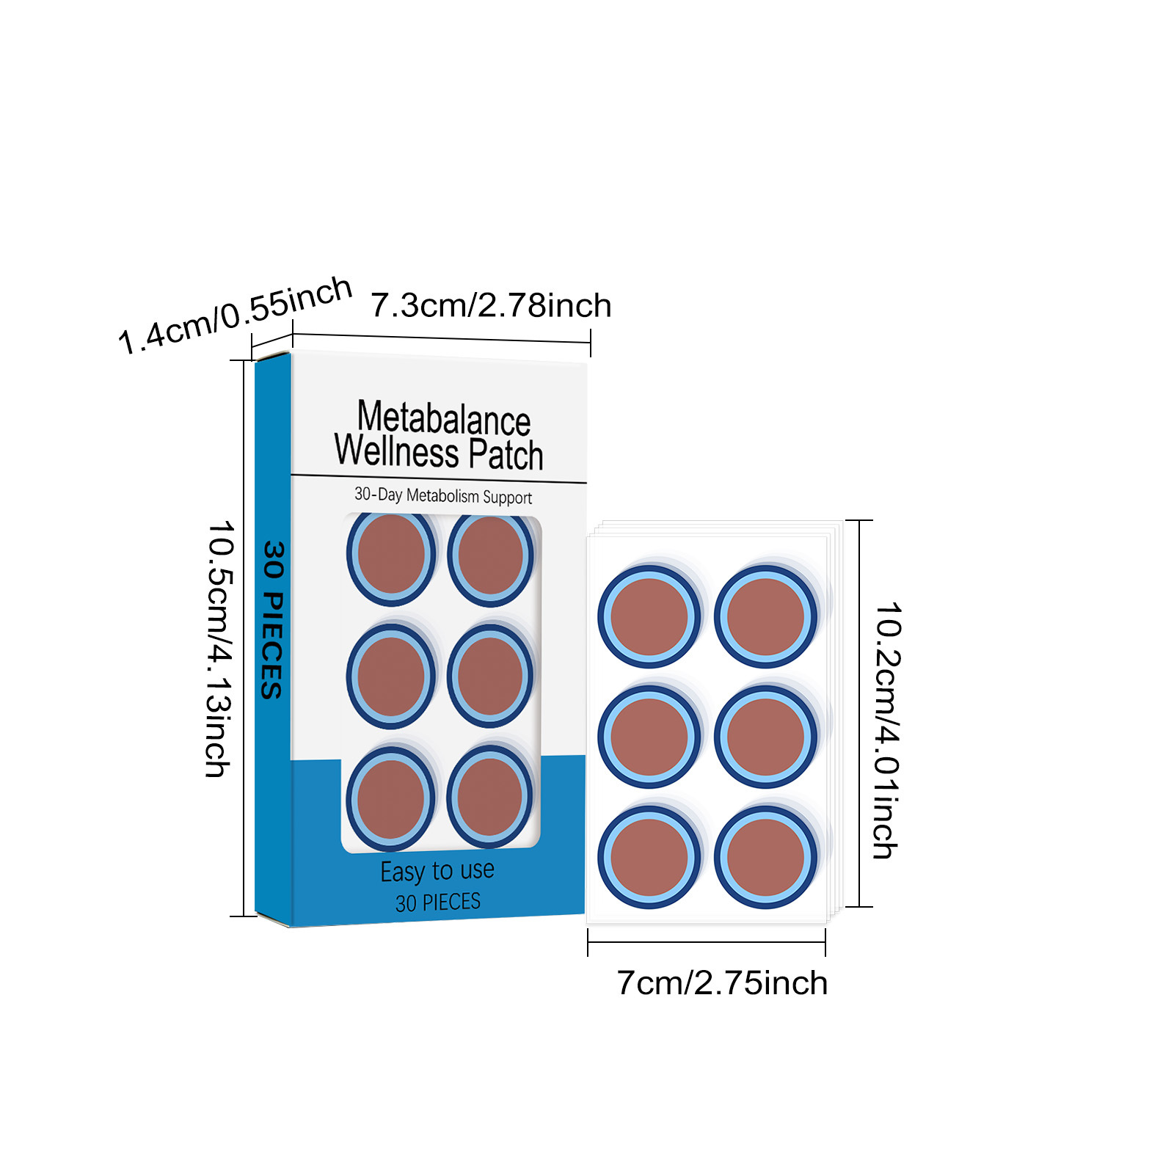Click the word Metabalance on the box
(x=443, y=418)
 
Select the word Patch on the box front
(x=506, y=454)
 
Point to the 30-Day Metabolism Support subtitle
(x=443, y=496)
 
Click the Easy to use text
(x=437, y=871)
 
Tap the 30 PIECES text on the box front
(x=438, y=902)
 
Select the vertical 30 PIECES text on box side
(x=272, y=620)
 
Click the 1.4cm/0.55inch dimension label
(x=235, y=316)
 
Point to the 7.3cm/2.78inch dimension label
(x=490, y=305)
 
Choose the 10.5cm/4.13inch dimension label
(x=219, y=649)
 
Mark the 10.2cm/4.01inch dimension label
(x=886, y=730)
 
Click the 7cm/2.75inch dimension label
(x=722, y=983)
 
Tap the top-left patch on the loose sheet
(x=649, y=616)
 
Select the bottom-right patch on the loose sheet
(x=766, y=857)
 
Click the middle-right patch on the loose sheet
(x=766, y=737)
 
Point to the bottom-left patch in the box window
(x=390, y=799)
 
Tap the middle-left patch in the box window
(x=391, y=676)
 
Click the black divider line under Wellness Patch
(x=439, y=478)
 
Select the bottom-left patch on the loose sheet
(x=649, y=857)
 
